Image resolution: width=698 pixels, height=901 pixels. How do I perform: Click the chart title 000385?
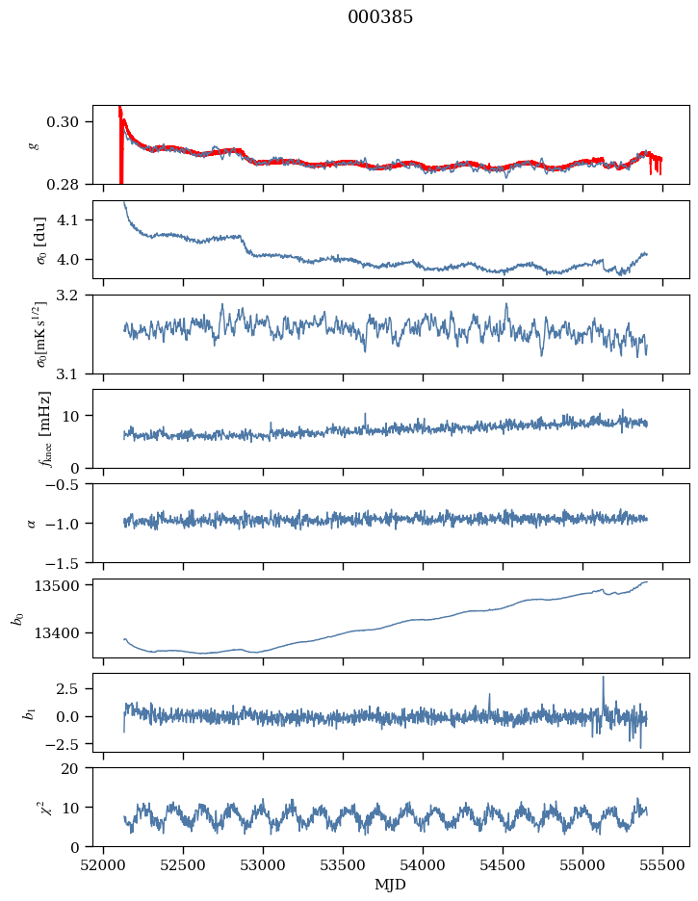[x=379, y=16]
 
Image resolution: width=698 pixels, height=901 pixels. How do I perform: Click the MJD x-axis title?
[x=390, y=884]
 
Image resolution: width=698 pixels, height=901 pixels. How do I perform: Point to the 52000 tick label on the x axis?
[x=103, y=865]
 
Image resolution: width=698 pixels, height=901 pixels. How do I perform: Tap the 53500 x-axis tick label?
[x=343, y=865]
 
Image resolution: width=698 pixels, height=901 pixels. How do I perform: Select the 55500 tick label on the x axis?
[x=662, y=865]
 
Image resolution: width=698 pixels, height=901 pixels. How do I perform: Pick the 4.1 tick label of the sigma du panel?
[x=67, y=220]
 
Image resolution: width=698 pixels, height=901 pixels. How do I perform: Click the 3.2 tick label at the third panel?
[x=67, y=296]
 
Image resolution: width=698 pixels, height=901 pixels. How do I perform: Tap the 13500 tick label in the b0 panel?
[x=56, y=585]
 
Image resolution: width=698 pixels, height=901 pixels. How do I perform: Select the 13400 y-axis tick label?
[x=56, y=633]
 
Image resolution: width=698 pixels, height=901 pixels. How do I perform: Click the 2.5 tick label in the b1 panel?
[x=67, y=689]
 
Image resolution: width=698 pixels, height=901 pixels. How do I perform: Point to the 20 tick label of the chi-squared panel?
[x=69, y=769]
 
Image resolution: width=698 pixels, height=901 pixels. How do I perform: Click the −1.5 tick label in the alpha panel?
[x=62, y=562]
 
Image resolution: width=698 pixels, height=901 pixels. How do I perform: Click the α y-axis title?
[x=32, y=523]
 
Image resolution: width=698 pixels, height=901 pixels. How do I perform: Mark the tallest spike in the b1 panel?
[x=604, y=678]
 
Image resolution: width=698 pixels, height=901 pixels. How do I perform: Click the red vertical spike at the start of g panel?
[x=120, y=144]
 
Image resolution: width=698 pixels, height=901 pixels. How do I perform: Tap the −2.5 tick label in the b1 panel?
[x=62, y=744]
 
